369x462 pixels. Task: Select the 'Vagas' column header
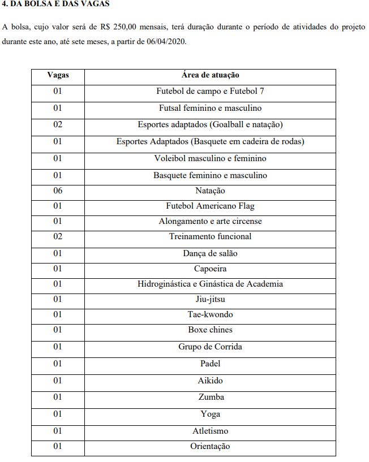[x=58, y=75]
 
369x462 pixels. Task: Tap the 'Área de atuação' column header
[x=210, y=75]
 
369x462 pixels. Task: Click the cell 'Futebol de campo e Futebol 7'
[x=210, y=91]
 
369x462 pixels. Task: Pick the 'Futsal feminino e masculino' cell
[x=210, y=108]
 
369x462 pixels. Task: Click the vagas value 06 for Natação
[x=58, y=191]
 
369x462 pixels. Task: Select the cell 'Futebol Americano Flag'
[x=210, y=206]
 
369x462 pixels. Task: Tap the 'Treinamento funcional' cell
[x=210, y=236]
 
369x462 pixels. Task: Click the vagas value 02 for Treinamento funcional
[x=58, y=236]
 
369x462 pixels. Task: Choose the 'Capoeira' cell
[x=210, y=269]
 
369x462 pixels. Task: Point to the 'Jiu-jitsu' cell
[x=210, y=299]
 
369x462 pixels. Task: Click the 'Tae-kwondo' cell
[x=210, y=314]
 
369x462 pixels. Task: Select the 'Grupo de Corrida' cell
[x=210, y=347]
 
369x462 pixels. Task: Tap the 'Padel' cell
[x=210, y=364]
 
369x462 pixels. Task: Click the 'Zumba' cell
[x=210, y=397]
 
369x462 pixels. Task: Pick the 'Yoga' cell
[x=210, y=414]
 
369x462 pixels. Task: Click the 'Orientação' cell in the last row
[x=210, y=446]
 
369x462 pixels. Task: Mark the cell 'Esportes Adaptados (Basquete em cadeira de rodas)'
[x=210, y=141]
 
